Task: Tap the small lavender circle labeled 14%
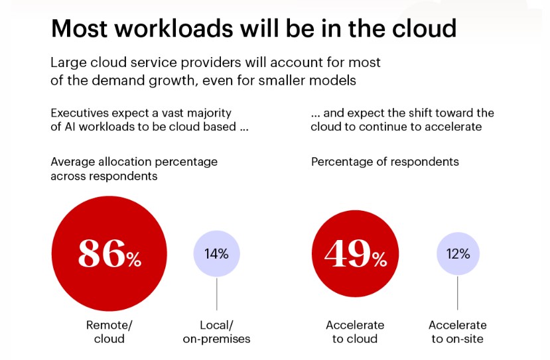[216, 254]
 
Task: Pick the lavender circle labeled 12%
[458, 254]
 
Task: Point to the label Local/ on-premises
[216, 331]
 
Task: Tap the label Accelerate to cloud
[355, 331]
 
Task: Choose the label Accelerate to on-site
[458, 331]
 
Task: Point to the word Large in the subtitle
[68, 63]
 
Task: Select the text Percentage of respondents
[385, 162]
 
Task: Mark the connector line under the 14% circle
[216, 294]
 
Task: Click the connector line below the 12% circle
[458, 294]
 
